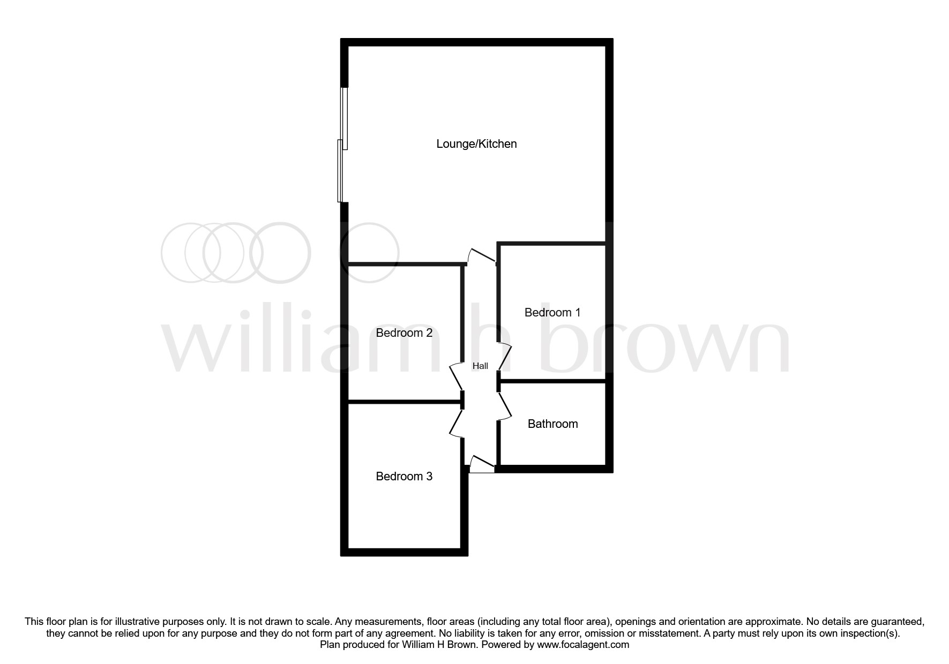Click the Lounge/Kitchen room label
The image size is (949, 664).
pos(476,144)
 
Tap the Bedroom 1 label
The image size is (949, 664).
pos(552,313)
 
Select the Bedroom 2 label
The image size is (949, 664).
pos(404,333)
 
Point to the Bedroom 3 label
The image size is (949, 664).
pos(404,477)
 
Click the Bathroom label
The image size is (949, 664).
pos(552,424)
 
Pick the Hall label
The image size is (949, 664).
pos(480,366)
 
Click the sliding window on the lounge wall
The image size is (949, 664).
pos(342,145)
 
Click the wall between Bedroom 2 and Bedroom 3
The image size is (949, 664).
pos(404,401)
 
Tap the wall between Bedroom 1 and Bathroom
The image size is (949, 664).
pos(552,381)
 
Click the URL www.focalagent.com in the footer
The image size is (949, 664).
pos(583,645)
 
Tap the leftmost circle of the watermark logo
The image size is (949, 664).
pos(190,253)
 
